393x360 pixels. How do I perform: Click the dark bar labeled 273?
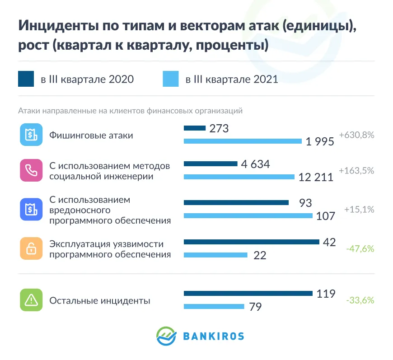[x=195, y=128]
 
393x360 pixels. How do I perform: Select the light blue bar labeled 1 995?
[x=243, y=141]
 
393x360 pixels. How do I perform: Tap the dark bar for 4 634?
[x=211, y=164]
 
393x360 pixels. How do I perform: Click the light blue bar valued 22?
[x=215, y=255]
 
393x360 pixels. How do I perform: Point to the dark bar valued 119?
[x=248, y=294]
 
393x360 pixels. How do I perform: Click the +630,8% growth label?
[x=356, y=135]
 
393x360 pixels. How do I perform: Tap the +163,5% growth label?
[x=356, y=171]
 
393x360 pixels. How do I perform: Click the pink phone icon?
[x=31, y=170]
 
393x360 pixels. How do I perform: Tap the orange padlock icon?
[x=31, y=248]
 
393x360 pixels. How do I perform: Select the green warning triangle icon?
[x=31, y=300]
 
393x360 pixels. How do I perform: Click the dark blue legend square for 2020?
[x=26, y=79]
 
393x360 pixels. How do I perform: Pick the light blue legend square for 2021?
[x=170, y=79]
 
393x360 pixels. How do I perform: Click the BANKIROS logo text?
[x=214, y=336]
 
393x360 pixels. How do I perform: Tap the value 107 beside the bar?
[x=326, y=216]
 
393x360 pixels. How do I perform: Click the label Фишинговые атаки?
[x=91, y=135]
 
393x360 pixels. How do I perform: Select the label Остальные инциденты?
[x=100, y=300]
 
